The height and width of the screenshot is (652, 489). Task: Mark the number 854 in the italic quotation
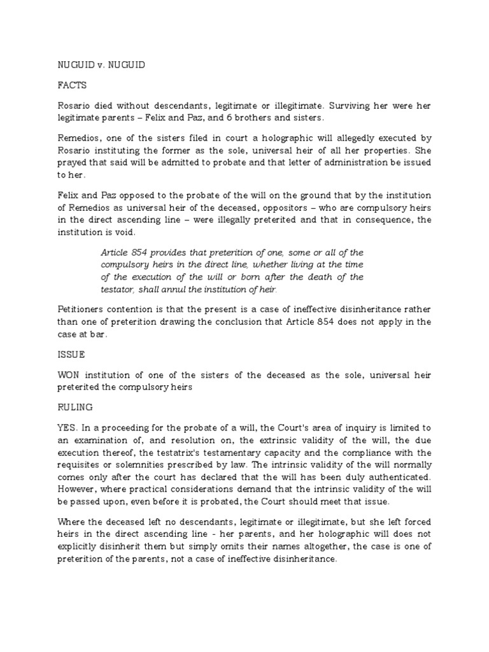pyautogui.click(x=143, y=252)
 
